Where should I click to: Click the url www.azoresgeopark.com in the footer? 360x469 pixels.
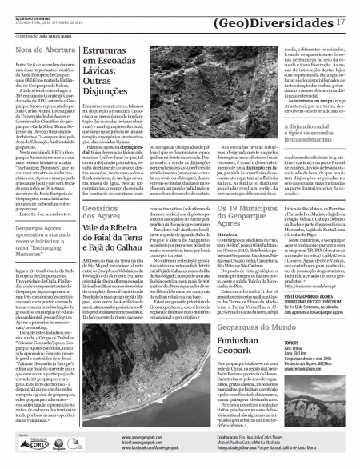click(x=144, y=438)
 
